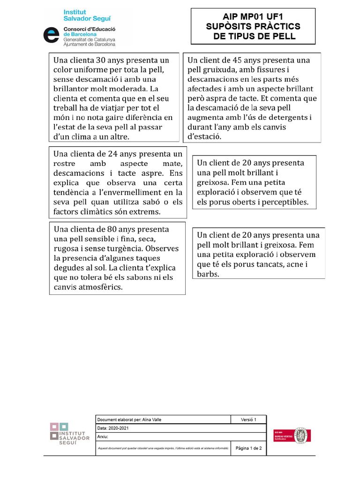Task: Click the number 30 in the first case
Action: click(x=101, y=60)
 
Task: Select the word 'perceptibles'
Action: click(x=285, y=202)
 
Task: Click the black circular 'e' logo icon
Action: click(x=51, y=35)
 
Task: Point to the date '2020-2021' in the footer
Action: click(x=119, y=428)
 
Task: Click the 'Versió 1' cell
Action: click(x=248, y=420)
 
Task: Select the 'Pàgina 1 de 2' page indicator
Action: click(x=248, y=448)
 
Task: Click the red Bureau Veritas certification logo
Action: click(x=293, y=435)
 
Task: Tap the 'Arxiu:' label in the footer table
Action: click(x=103, y=436)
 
